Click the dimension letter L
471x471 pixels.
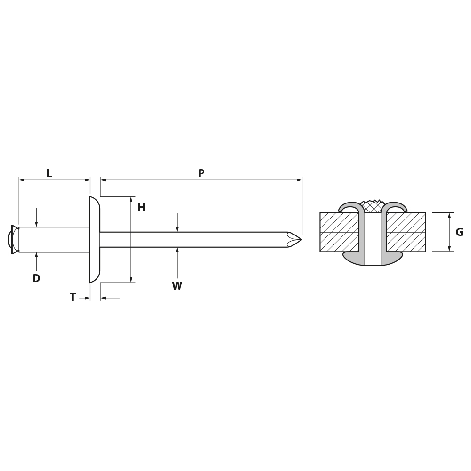(x=49, y=173)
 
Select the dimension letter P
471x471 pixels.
(x=201, y=173)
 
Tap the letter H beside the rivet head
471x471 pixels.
(x=141, y=207)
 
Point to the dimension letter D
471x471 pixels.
(x=36, y=278)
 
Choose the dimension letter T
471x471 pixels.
(x=73, y=297)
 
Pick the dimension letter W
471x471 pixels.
(x=177, y=286)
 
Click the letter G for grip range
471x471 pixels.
(x=459, y=232)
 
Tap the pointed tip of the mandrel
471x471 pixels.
(x=301, y=239)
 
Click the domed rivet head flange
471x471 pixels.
(x=94, y=240)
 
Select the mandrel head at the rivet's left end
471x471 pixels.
(x=13, y=239)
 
